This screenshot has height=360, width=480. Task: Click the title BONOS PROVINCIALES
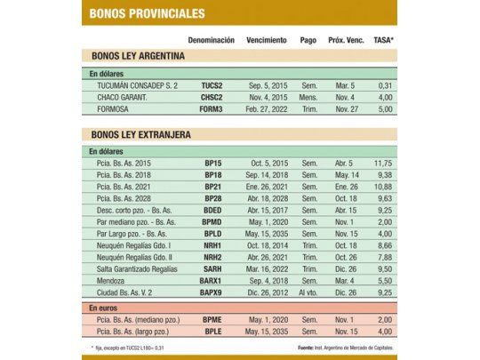[148, 13]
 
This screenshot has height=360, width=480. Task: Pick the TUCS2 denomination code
[211, 85]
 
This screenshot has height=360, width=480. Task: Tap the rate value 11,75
[383, 164]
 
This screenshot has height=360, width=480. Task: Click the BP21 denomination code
[212, 186]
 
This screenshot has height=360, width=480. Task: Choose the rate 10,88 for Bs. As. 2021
[383, 186]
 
